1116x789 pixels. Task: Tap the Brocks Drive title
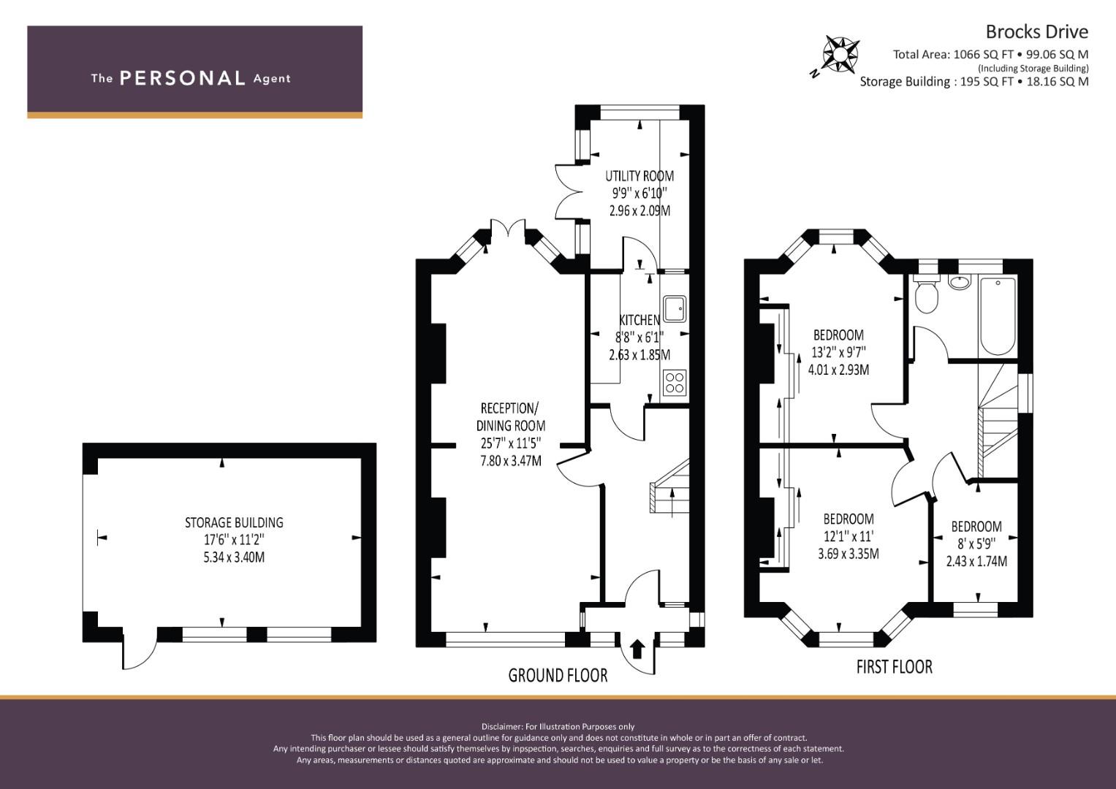pyautogui.click(x=1037, y=32)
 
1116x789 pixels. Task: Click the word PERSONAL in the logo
pyautogui.click(x=183, y=78)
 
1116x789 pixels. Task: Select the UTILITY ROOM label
pyautogui.click(x=639, y=176)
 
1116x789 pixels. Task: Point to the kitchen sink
pyautogui.click(x=675, y=308)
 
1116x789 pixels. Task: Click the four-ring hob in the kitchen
pyautogui.click(x=675, y=383)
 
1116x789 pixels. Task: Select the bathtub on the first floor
pyautogui.click(x=998, y=316)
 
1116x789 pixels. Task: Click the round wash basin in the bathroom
pyautogui.click(x=959, y=283)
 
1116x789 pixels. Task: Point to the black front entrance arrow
pyautogui.click(x=638, y=649)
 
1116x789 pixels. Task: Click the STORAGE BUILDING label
pyautogui.click(x=234, y=522)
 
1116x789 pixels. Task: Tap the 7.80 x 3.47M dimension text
pyautogui.click(x=511, y=461)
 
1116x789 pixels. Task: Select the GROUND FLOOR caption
pyautogui.click(x=558, y=676)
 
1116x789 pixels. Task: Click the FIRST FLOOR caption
pyautogui.click(x=895, y=667)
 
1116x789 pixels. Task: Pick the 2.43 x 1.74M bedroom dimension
pyautogui.click(x=976, y=561)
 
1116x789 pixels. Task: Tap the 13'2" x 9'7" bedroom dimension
pyautogui.click(x=838, y=352)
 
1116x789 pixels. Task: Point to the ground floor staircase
pyautogui.click(x=669, y=486)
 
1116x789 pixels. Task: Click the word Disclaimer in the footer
pyautogui.click(x=501, y=727)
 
